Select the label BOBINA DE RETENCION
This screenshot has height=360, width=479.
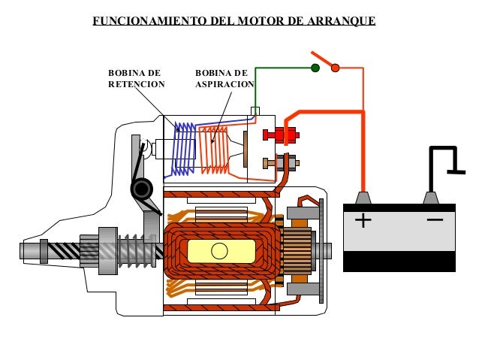pyautogui.click(x=136, y=79)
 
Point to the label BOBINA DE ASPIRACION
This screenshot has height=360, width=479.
pyautogui.click(x=224, y=79)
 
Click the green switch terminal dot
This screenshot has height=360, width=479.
pyautogui.click(x=315, y=68)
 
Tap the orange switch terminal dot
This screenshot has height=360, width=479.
pyautogui.click(x=336, y=68)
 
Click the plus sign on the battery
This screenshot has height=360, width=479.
pyautogui.click(x=363, y=221)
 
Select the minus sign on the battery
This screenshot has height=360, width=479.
pyautogui.click(x=434, y=221)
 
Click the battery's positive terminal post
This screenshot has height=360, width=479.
pyautogui.click(x=363, y=198)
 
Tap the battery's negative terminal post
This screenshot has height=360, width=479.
pyautogui.click(x=431, y=198)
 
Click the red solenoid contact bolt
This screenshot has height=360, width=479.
pyautogui.click(x=280, y=135)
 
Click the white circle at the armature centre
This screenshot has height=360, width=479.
pyautogui.click(x=219, y=250)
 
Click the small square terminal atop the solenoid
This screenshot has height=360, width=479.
pyautogui.click(x=255, y=111)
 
